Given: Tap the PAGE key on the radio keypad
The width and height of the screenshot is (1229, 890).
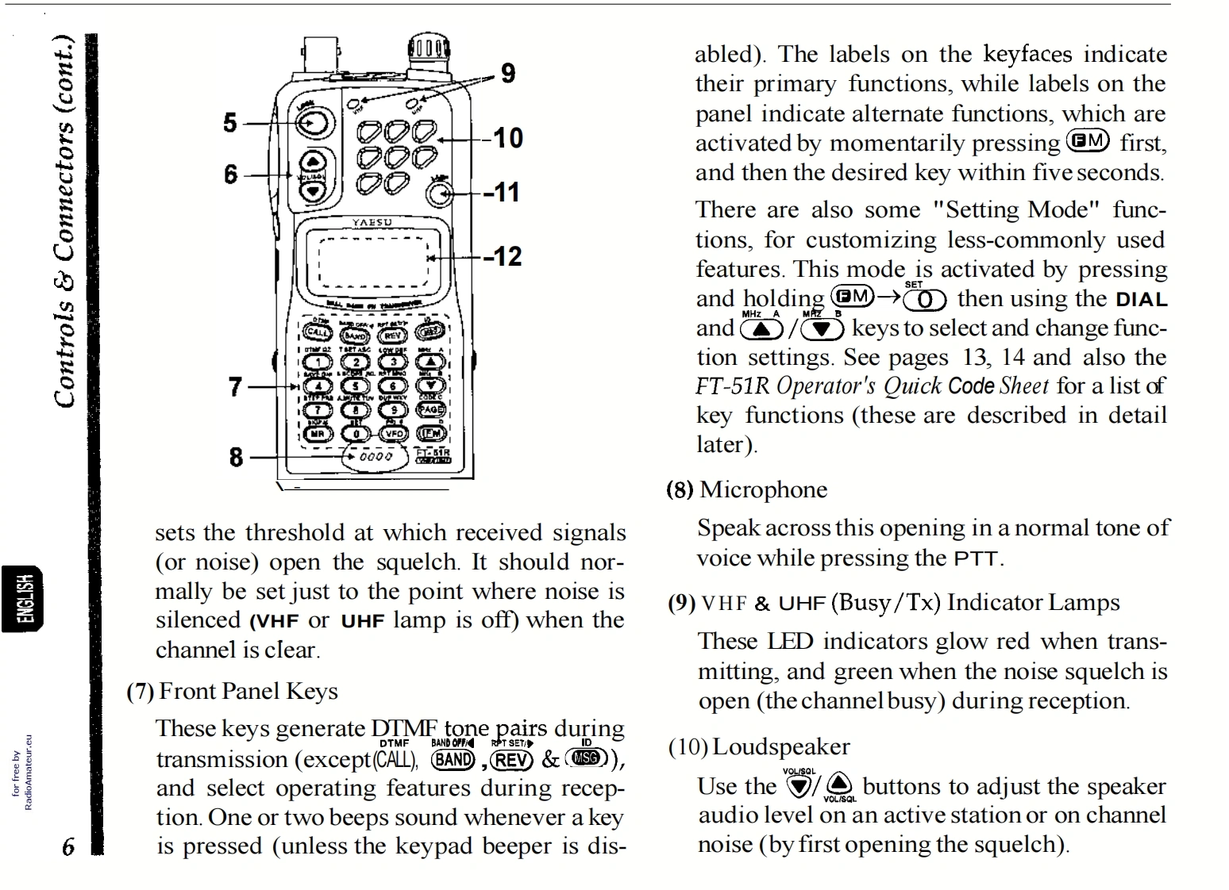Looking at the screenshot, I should click(431, 409).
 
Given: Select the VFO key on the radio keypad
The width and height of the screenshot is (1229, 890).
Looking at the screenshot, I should click(394, 433).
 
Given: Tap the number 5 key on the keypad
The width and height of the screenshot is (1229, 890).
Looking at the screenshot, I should click(356, 386).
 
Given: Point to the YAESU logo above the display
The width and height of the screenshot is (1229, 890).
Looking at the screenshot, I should click(372, 222).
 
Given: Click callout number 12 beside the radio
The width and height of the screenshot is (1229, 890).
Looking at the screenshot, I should click(505, 257).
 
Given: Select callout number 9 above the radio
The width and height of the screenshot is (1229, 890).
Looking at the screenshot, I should click(507, 74).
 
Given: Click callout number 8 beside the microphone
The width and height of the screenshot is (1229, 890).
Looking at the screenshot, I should click(236, 457).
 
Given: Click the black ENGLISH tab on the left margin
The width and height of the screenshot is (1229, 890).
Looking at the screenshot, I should click(24, 598).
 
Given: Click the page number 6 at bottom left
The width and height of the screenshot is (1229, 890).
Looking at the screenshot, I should click(69, 846).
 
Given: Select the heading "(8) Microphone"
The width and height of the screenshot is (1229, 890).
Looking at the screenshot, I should click(746, 490).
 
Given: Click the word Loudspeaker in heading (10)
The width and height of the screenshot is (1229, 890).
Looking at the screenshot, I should click(780, 747).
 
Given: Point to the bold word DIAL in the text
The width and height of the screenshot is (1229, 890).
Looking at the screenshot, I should click(1141, 300).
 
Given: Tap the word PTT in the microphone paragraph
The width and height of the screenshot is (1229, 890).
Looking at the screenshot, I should click(976, 559).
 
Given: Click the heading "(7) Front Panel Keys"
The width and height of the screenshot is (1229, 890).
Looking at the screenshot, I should click(233, 692).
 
